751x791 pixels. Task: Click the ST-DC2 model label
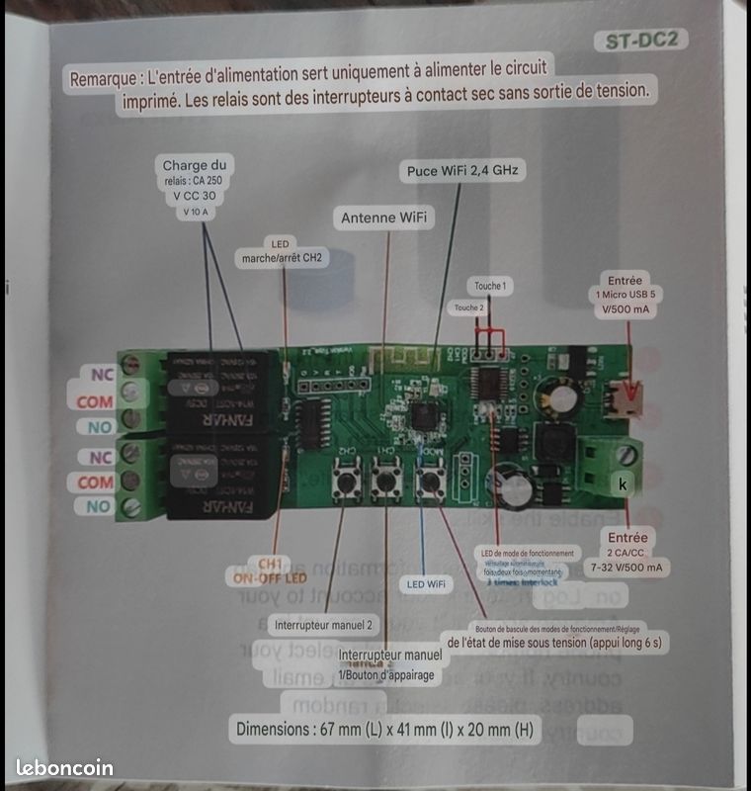pos(642,41)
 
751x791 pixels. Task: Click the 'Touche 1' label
pos(490,286)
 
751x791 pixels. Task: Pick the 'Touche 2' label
pos(469,308)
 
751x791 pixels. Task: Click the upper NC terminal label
pos(102,376)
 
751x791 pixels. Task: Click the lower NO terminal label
pos(98,506)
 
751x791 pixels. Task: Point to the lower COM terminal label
pos(96,482)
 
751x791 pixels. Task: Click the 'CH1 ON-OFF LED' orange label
pos(270,570)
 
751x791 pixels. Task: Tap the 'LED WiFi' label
pos(426,584)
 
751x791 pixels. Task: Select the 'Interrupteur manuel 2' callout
pos(322,624)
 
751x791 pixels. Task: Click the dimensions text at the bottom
pos(385,730)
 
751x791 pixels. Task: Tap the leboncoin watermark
pos(65,767)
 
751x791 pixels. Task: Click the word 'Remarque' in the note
pos(102,78)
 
